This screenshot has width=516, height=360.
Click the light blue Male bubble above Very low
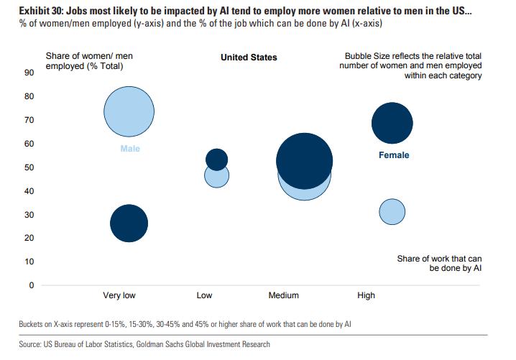(129, 111)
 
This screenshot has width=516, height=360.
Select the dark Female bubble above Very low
(129, 223)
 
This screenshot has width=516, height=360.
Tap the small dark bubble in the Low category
(216, 160)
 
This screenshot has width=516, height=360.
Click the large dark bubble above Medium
(304, 160)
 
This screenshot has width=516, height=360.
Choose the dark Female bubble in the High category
(392, 123)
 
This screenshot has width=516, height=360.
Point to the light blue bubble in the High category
(392, 211)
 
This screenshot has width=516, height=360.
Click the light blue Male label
(129, 149)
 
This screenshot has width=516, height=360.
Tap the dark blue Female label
(393, 155)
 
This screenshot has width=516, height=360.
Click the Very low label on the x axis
(119, 295)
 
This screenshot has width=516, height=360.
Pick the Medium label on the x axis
(283, 295)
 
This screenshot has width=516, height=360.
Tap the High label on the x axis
(366, 295)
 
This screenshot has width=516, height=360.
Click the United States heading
(249, 57)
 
